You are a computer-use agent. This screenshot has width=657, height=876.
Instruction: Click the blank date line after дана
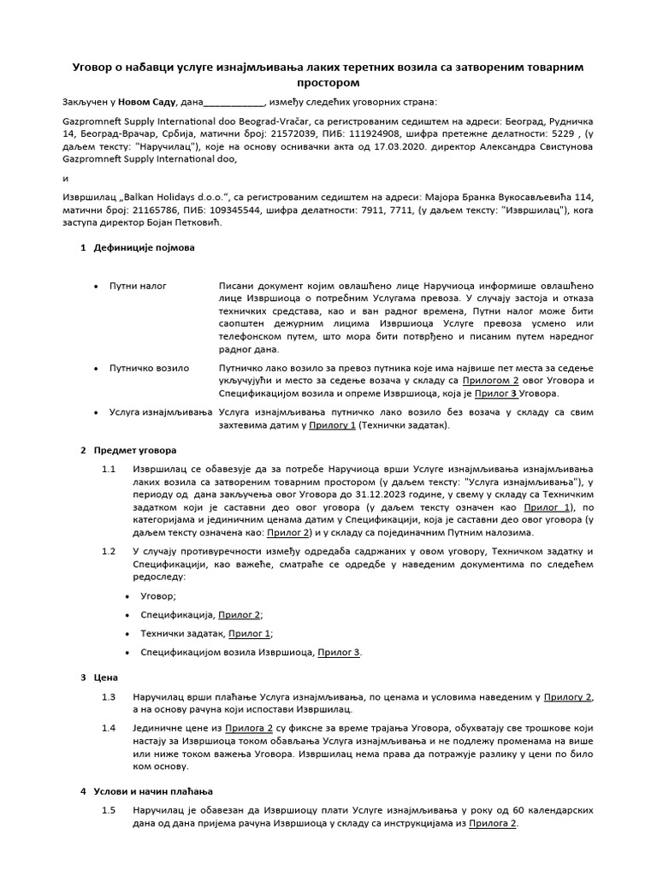click(x=233, y=102)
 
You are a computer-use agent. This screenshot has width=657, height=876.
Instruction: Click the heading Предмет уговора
click(x=134, y=449)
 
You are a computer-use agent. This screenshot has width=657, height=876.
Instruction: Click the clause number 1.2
click(x=109, y=551)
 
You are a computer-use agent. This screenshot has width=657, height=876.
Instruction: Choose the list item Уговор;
click(x=158, y=595)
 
